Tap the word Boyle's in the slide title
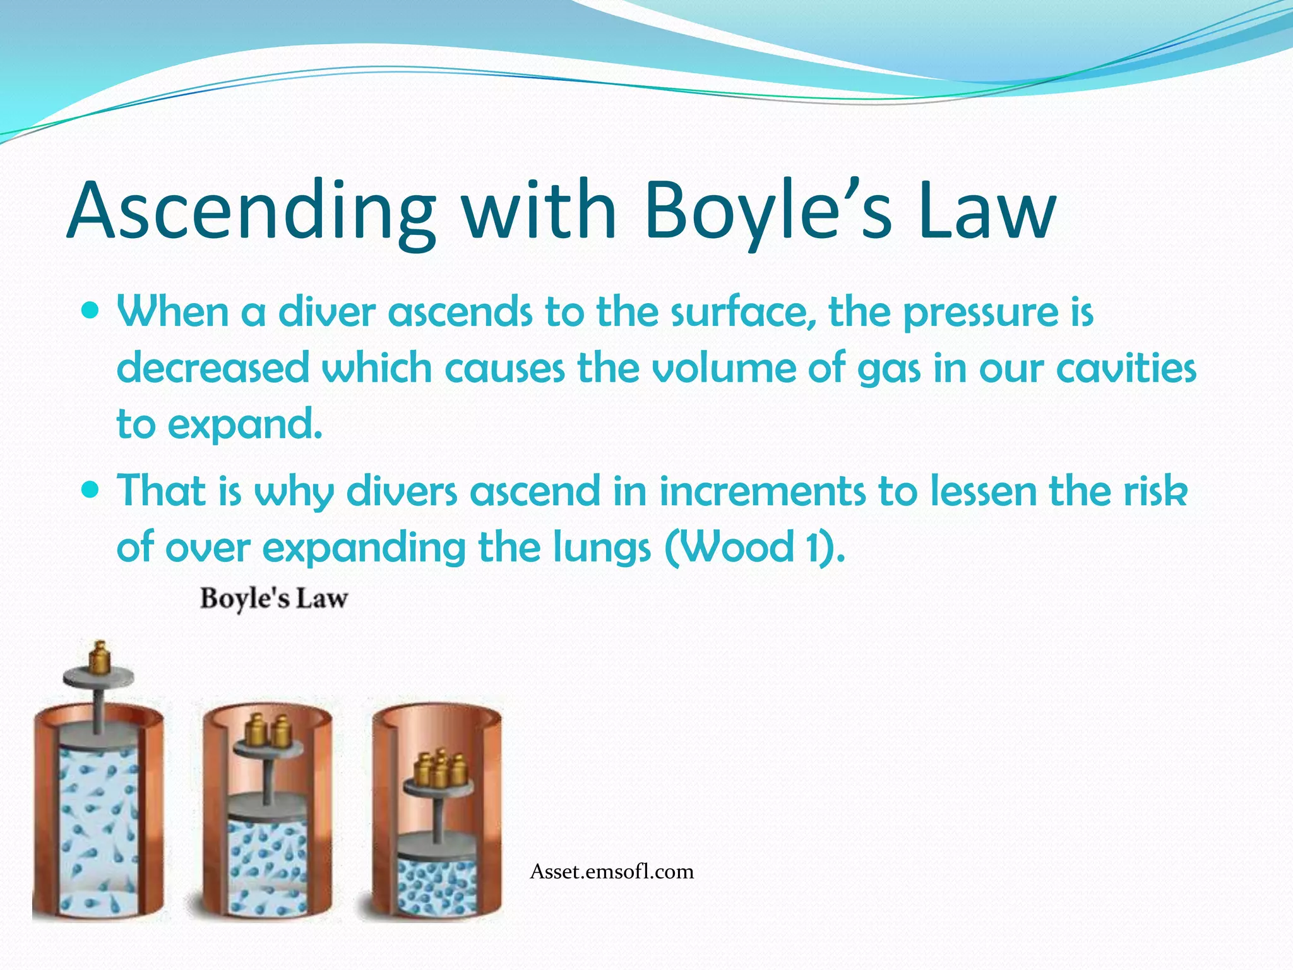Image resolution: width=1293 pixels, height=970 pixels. tap(767, 212)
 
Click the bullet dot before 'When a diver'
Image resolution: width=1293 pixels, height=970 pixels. tap(91, 311)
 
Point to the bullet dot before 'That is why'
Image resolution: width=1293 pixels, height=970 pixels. tap(91, 489)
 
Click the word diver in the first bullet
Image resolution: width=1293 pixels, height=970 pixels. tap(327, 312)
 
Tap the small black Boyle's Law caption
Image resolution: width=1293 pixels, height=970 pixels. tap(273, 598)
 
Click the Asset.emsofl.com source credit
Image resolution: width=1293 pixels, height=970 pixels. tap(612, 871)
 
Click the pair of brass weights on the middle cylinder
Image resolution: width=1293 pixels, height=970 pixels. tap(267, 731)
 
